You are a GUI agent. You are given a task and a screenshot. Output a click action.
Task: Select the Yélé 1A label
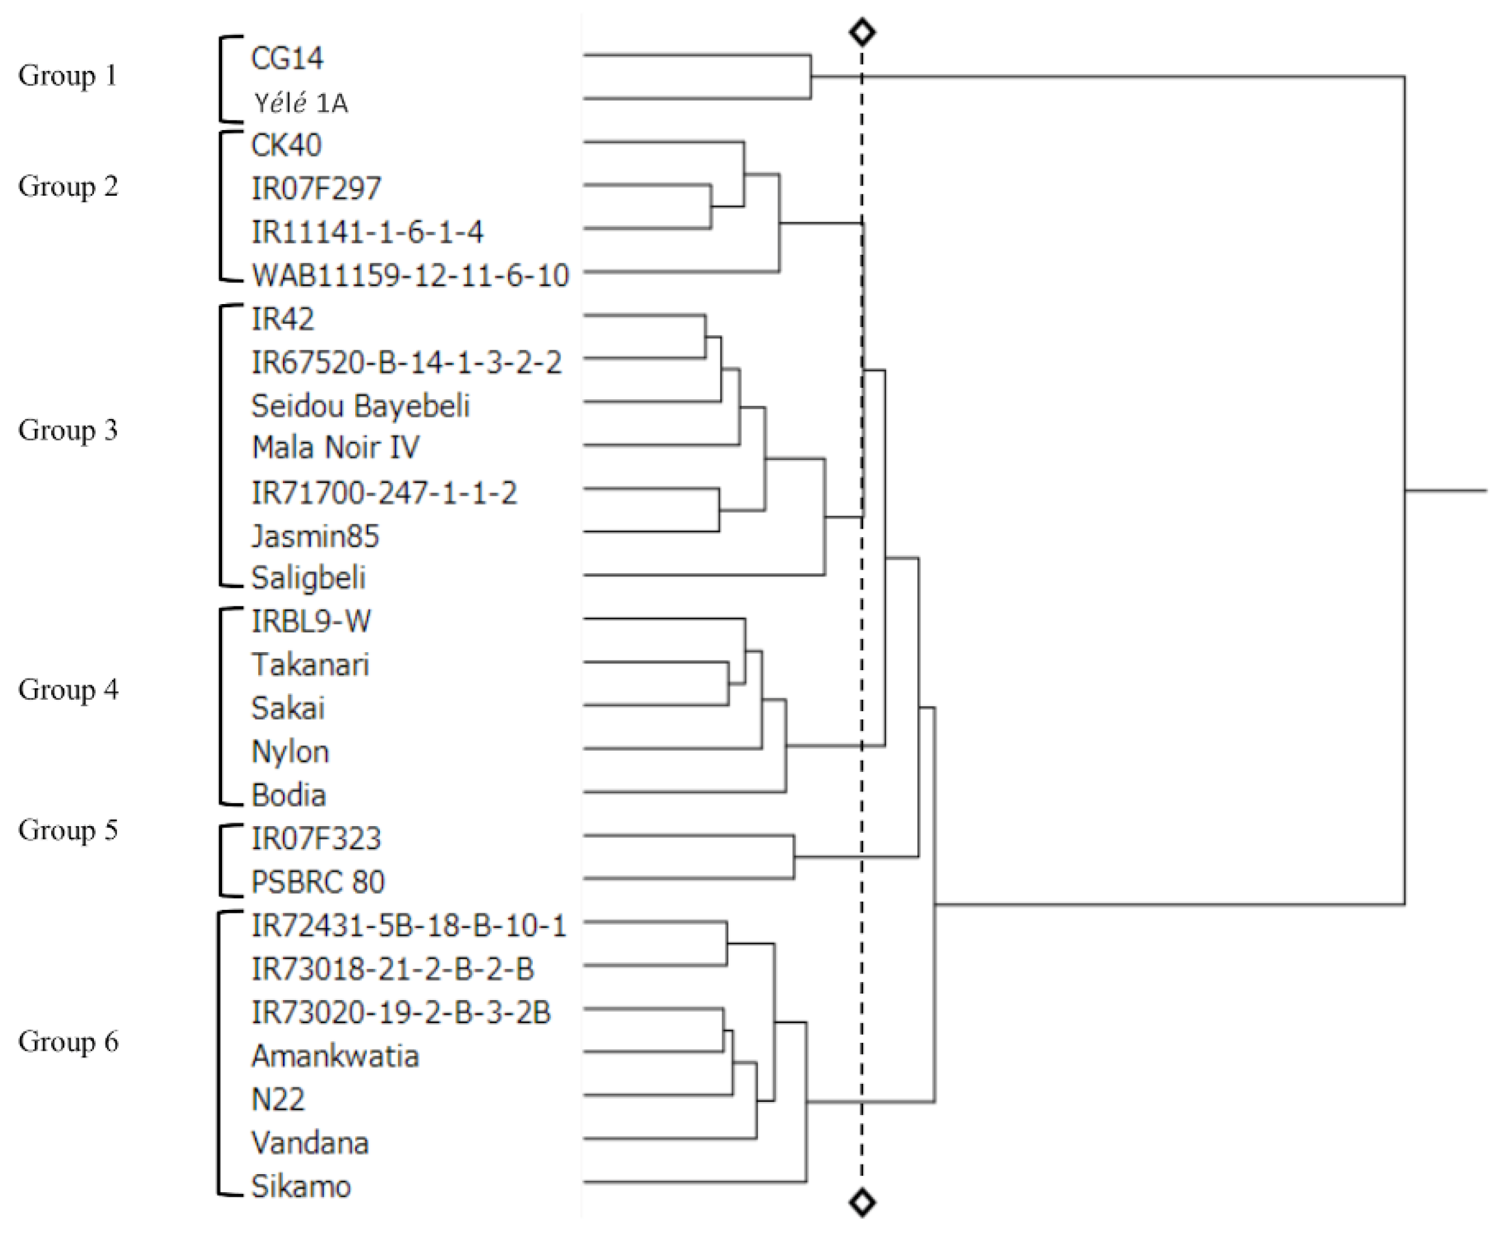[300, 103]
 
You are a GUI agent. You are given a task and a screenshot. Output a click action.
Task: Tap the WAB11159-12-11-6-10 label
[410, 276]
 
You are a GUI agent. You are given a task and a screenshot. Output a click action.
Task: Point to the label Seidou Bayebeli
[360, 406]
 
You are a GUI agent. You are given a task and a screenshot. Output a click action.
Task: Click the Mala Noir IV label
[335, 448]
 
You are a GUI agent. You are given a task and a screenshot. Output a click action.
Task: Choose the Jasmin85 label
[315, 536]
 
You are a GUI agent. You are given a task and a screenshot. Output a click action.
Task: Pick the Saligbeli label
[308, 578]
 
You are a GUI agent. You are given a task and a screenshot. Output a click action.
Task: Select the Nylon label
[290, 752]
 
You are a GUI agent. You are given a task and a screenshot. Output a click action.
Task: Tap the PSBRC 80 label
[317, 882]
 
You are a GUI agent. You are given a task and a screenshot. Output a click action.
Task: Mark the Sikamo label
[300, 1187]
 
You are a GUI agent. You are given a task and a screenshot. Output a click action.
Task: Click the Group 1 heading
[67, 75]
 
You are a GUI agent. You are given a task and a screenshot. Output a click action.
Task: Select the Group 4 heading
[67, 689]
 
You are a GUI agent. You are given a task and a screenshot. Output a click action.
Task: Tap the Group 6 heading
[67, 1042]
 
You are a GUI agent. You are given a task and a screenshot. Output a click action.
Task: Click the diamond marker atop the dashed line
[862, 31]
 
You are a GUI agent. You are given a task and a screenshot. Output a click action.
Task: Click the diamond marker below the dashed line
[862, 1202]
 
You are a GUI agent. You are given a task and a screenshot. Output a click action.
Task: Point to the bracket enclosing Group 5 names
[220, 860]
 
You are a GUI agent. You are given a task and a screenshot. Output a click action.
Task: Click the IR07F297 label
[315, 189]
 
